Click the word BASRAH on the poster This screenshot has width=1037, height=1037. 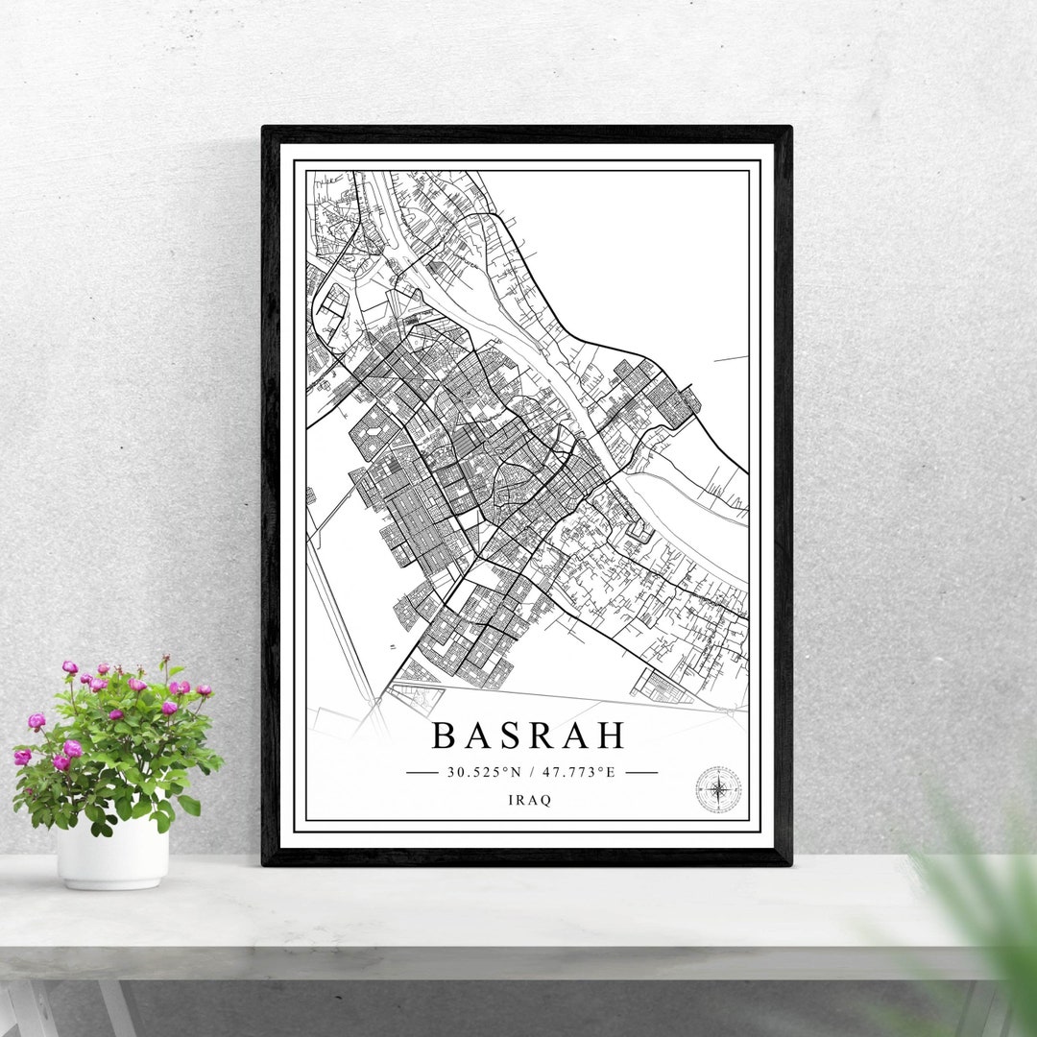[528, 736]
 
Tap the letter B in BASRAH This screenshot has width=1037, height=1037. [443, 736]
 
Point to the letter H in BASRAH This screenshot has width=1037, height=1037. [611, 736]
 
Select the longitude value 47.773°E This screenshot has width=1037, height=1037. [576, 771]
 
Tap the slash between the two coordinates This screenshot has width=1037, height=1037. [531, 771]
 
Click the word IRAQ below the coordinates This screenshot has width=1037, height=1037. [531, 801]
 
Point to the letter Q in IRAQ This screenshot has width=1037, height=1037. [547, 801]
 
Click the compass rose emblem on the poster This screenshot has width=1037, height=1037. [718, 789]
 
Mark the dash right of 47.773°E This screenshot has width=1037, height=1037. [641, 771]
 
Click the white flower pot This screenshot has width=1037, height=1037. [112, 853]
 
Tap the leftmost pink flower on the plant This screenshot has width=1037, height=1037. [22, 757]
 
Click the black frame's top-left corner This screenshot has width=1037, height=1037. [265, 129]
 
